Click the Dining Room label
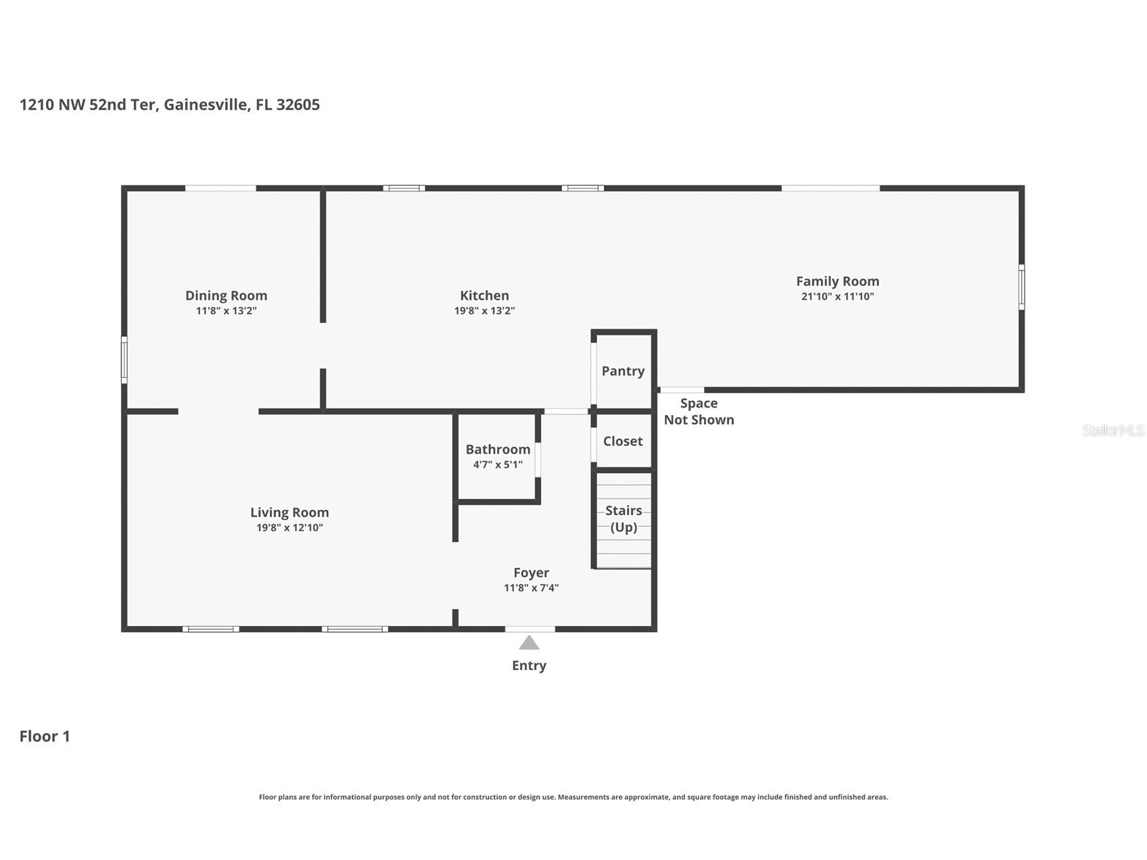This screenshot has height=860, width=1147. [226, 295]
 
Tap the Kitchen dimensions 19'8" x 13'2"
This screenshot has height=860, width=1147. [484, 311]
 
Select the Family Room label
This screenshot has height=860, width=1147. [837, 281]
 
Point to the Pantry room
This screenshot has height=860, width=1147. [623, 371]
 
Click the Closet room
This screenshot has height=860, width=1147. [623, 440]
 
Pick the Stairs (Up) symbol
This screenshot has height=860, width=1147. [624, 519]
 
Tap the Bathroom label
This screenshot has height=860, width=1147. [498, 449]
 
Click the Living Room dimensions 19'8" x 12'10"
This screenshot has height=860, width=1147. [289, 528]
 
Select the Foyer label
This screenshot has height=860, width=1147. [531, 573]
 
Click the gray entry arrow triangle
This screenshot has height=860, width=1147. [529, 643]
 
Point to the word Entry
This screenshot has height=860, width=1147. [529, 665]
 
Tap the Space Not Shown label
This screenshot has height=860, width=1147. [699, 411]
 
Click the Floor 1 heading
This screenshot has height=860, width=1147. [45, 736]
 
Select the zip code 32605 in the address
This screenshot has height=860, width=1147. [298, 105]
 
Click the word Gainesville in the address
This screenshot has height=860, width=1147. [206, 105]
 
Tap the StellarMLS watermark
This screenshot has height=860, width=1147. [1113, 430]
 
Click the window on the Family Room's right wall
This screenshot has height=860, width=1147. [1021, 287]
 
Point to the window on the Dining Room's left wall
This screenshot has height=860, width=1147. [124, 360]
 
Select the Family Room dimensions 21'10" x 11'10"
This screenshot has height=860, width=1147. [837, 296]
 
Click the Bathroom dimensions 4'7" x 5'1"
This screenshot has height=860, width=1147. [498, 464]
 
